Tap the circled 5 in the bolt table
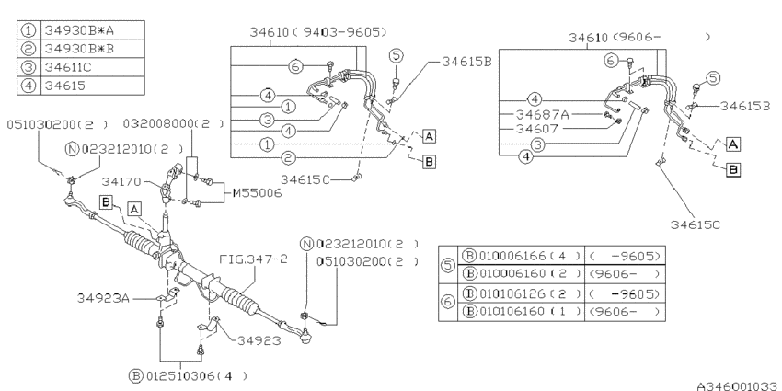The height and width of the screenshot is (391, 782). click(x=449, y=266)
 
